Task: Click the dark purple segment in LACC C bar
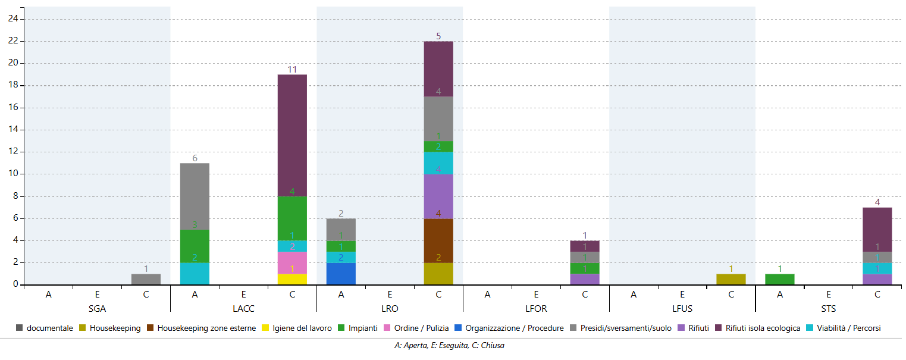click(292, 135)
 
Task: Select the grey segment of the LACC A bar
click(195, 196)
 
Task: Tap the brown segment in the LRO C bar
click(438, 240)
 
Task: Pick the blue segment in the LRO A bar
click(341, 274)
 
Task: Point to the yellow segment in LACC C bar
click(292, 279)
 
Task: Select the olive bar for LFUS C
click(731, 279)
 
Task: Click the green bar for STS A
click(780, 279)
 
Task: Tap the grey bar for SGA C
click(146, 279)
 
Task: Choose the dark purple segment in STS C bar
click(877, 229)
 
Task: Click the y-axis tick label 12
click(12, 152)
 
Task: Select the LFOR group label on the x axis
click(536, 309)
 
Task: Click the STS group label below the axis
click(829, 309)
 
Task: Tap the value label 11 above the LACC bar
click(292, 70)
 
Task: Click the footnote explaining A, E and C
click(449, 346)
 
